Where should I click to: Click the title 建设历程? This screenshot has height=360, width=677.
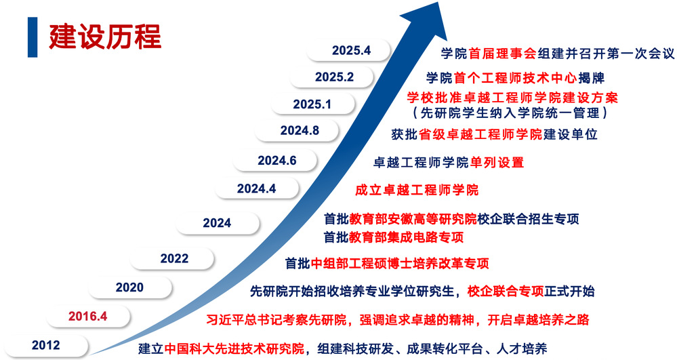[105, 37]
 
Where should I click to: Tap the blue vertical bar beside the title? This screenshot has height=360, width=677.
[33, 37]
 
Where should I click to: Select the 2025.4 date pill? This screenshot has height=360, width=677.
[349, 51]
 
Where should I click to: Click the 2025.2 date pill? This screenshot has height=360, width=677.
[332, 77]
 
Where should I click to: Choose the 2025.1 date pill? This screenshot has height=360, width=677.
[312, 104]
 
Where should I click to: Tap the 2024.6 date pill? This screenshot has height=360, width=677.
[275, 160]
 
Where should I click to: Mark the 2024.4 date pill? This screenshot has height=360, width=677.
[257, 188]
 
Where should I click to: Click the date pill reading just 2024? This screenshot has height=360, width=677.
[218, 223]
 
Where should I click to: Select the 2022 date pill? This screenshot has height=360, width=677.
[172, 258]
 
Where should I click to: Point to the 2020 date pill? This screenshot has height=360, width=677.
[130, 287]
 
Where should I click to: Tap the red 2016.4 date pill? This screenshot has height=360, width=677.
[88, 317]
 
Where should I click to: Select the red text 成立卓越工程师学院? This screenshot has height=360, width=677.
[417, 190]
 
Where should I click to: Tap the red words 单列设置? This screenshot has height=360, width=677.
[497, 163]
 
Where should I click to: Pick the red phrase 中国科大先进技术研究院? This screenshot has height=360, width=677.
[234, 348]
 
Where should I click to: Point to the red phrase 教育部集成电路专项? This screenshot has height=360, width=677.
[407, 237]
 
